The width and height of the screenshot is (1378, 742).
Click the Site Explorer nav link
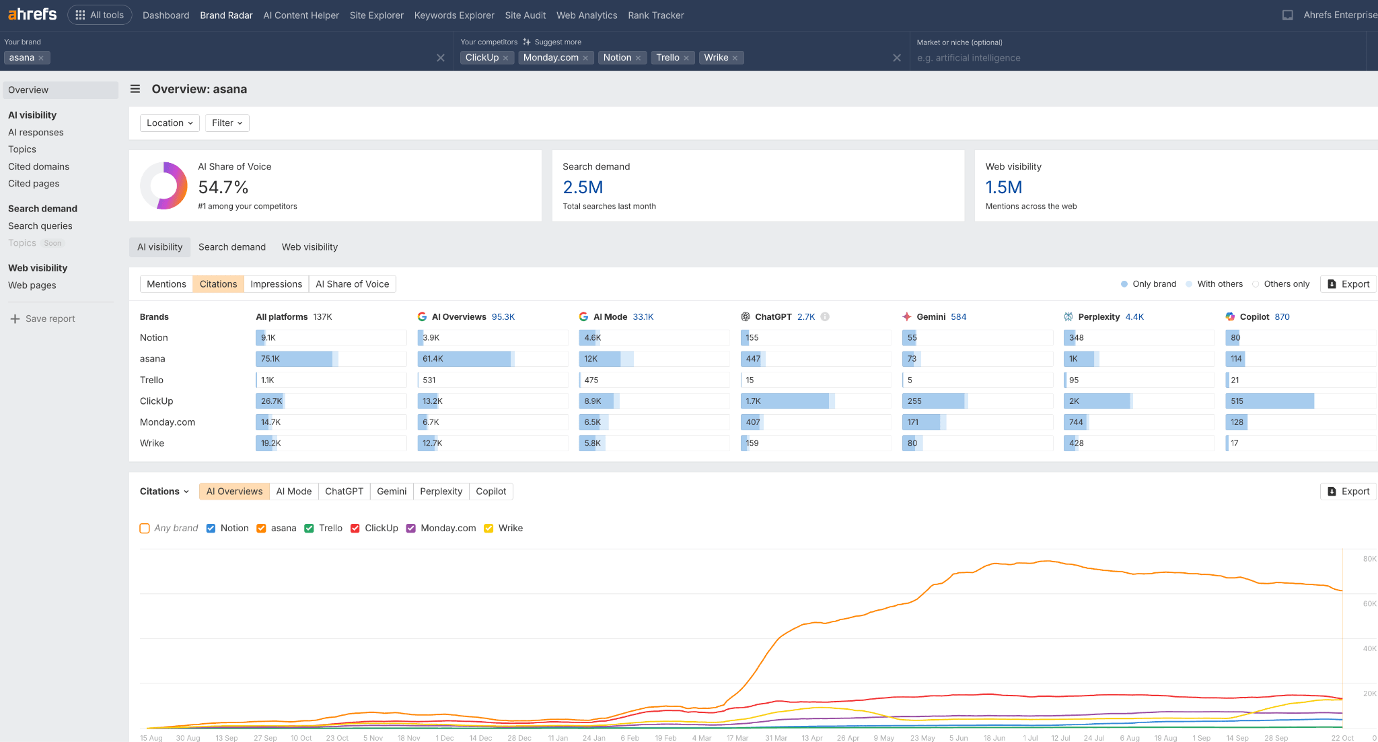(x=376, y=15)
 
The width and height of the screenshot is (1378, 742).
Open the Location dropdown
(x=170, y=123)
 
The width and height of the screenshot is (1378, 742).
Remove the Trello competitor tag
(x=686, y=58)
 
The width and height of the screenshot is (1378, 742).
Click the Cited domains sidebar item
(x=38, y=166)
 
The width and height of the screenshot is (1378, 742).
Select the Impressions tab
(x=276, y=284)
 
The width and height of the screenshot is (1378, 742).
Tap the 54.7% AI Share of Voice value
(x=223, y=187)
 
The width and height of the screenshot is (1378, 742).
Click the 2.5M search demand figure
(x=583, y=187)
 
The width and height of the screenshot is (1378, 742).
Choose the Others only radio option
(x=1256, y=284)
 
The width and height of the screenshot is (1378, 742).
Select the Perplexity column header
(x=1098, y=316)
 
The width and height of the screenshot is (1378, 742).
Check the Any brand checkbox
(x=145, y=528)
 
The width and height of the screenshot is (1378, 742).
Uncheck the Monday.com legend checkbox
(x=411, y=528)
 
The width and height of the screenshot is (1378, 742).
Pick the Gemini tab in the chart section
(x=392, y=492)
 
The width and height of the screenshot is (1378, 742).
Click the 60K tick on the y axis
(x=1369, y=603)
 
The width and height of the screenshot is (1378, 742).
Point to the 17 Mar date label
(x=737, y=738)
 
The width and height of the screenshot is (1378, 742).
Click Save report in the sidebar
(x=50, y=318)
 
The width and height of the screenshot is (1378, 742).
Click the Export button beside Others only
(x=1348, y=284)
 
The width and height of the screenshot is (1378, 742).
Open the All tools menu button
(x=100, y=15)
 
